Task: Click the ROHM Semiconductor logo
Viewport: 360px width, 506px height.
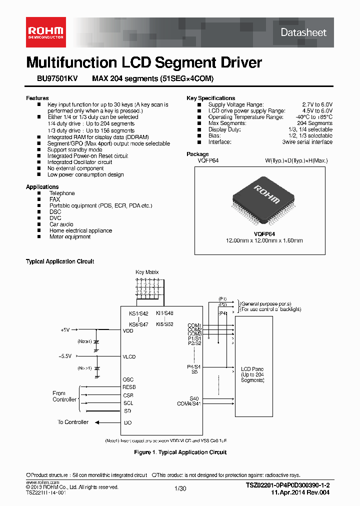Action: point(45,32)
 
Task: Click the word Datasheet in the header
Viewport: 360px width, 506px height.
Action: point(303,32)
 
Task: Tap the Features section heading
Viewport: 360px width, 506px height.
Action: point(37,98)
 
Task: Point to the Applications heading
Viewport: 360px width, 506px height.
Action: point(42,187)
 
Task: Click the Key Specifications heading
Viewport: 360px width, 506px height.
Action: point(210,98)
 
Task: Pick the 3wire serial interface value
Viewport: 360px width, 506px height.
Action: point(307,142)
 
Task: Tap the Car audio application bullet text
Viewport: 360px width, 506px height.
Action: point(61,224)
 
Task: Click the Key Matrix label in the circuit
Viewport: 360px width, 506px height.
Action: point(147,272)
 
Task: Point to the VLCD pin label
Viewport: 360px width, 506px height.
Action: point(129,357)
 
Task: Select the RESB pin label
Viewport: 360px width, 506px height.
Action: point(129,387)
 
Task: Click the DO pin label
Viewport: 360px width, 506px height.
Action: point(128,423)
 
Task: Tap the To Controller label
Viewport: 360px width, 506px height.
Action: point(73,422)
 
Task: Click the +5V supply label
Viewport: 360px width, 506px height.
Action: point(65,330)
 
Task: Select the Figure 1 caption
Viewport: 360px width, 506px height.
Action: point(180,452)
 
